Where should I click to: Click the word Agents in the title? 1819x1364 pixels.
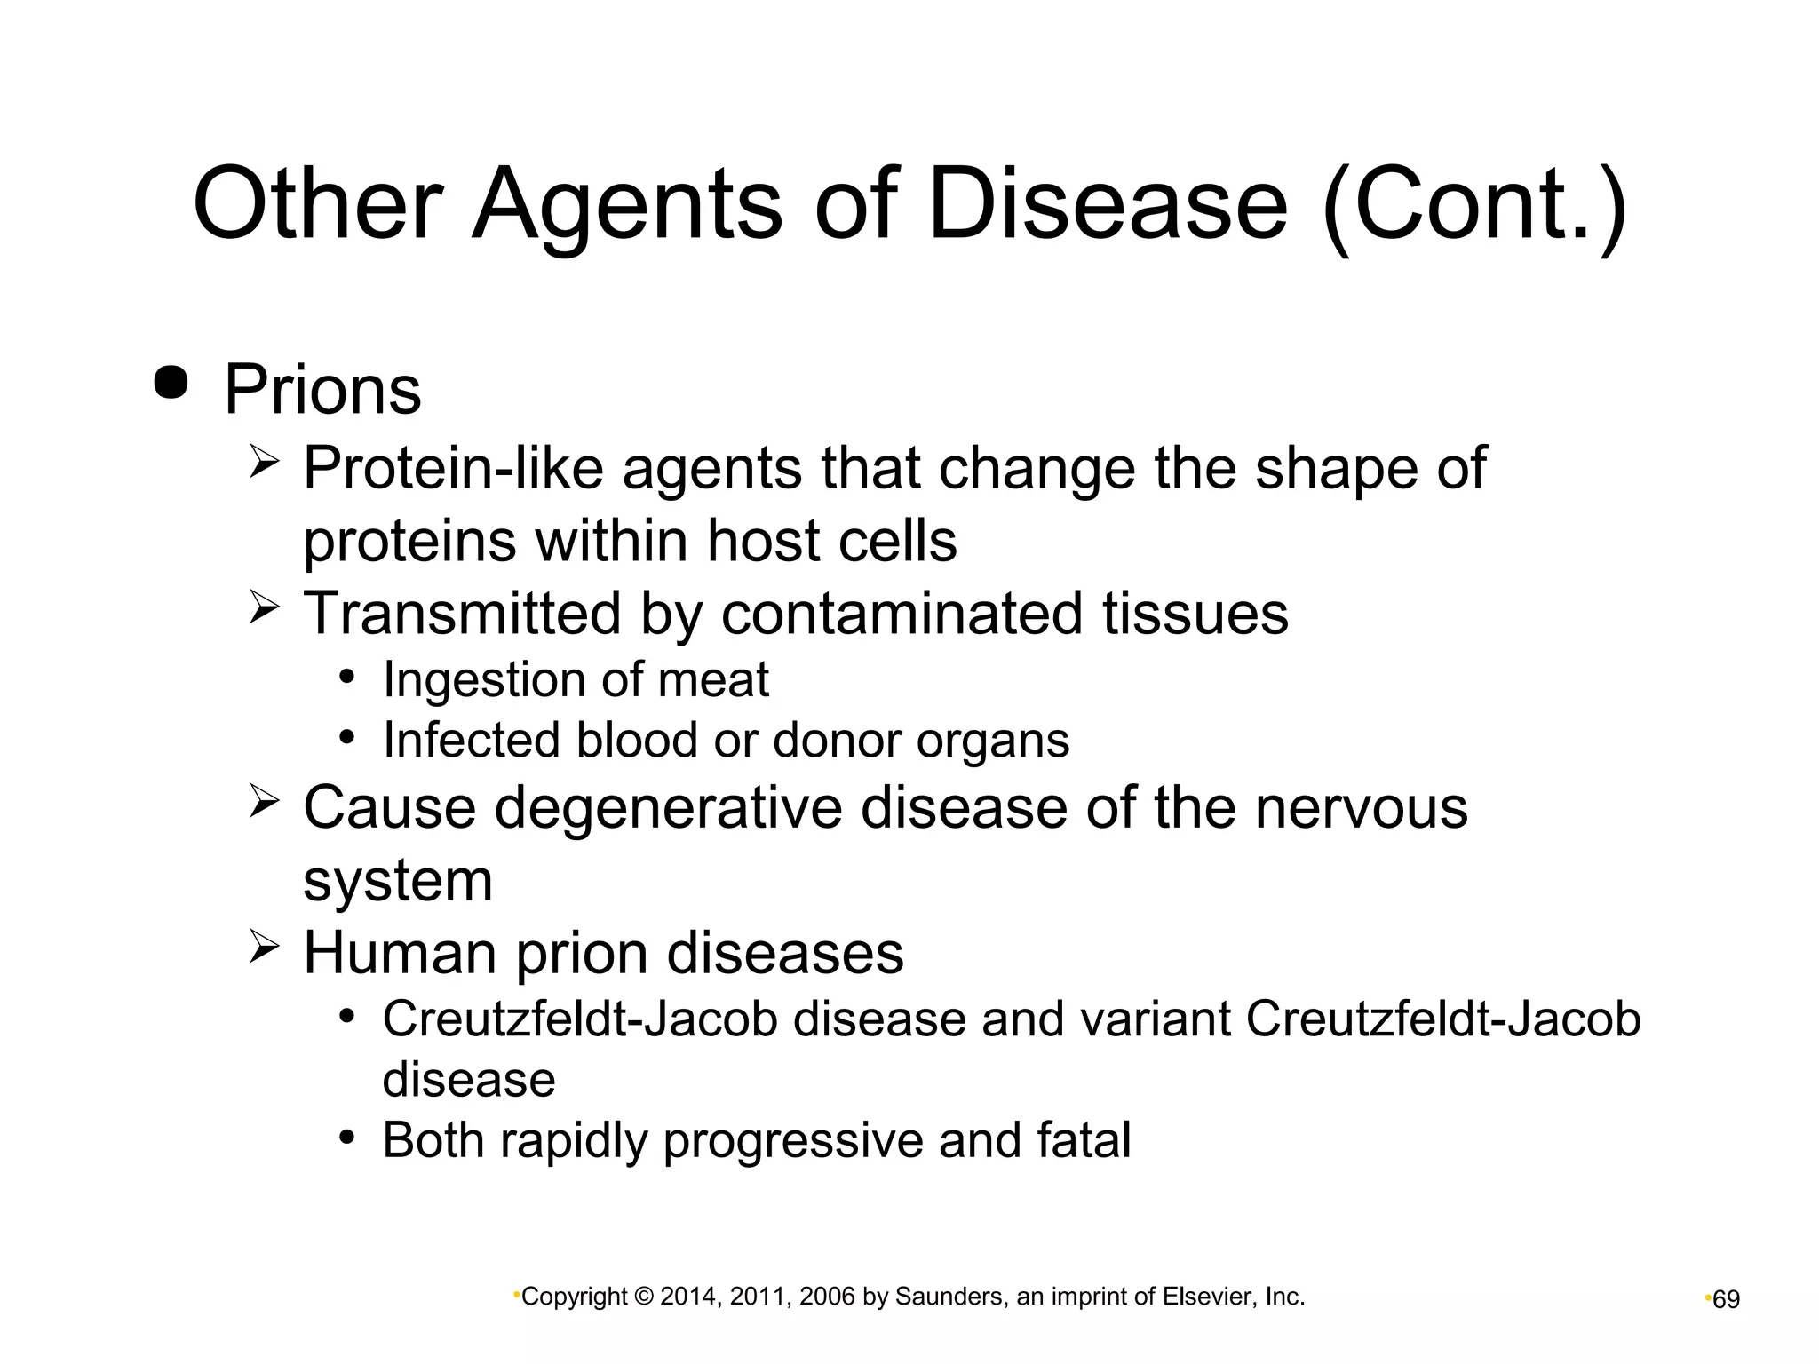(x=625, y=206)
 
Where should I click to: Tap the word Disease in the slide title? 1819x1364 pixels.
(x=1107, y=206)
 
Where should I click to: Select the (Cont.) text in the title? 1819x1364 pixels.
(x=1475, y=206)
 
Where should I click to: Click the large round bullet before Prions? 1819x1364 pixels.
(x=171, y=382)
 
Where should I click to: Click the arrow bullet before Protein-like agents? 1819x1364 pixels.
(x=265, y=463)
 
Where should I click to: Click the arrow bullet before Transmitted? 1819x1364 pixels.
(x=265, y=608)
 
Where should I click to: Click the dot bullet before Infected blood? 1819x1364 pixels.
(x=347, y=737)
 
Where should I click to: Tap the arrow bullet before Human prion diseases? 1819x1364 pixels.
(x=265, y=948)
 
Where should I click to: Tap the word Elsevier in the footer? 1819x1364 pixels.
(x=1203, y=1297)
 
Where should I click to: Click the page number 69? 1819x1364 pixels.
(x=1726, y=1300)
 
